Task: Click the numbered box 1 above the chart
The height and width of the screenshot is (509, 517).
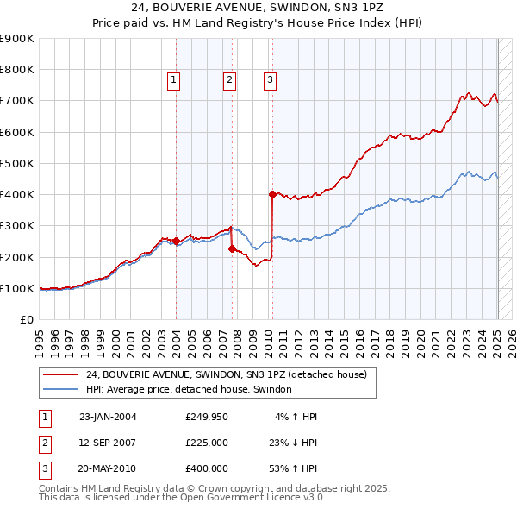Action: click(173, 80)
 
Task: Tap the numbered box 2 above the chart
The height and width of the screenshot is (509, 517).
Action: click(230, 80)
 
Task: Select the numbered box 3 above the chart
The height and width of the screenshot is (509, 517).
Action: click(270, 80)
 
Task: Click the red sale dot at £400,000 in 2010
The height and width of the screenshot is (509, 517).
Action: click(272, 194)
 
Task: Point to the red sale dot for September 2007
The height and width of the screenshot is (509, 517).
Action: click(232, 248)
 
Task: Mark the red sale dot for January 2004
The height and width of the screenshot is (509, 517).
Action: click(176, 241)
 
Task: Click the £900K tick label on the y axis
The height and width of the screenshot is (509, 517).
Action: click(17, 39)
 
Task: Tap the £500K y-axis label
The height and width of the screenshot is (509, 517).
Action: click(17, 163)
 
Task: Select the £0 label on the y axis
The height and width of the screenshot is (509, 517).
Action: click(27, 319)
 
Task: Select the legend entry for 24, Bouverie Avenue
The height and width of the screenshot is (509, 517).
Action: click(227, 374)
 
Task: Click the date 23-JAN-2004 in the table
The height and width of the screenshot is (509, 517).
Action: click(108, 417)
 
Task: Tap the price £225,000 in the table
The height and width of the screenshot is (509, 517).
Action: click(207, 443)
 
